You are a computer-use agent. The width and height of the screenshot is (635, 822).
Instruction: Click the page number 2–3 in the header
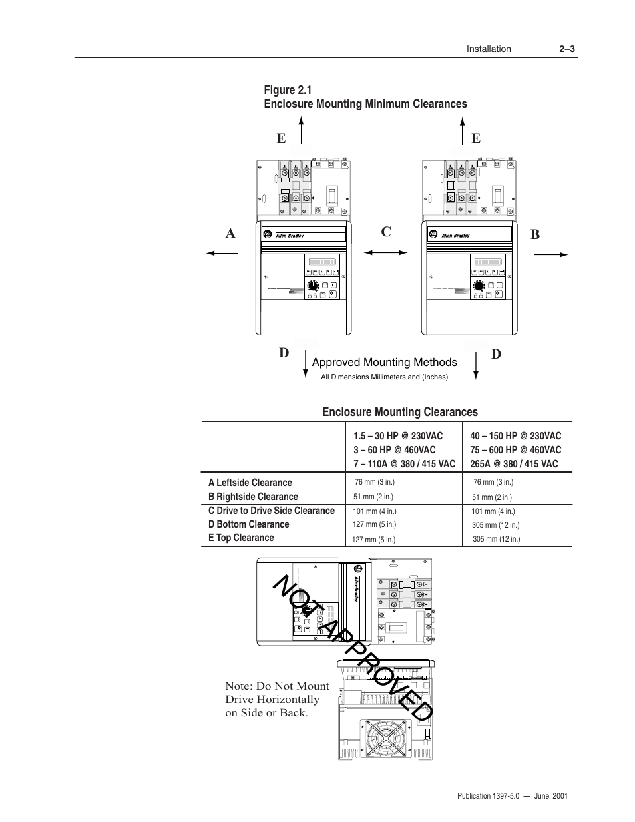tap(566, 49)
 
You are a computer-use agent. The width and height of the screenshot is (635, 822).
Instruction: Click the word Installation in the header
tap(488, 49)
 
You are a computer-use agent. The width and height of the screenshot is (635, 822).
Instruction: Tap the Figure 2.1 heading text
tap(288, 90)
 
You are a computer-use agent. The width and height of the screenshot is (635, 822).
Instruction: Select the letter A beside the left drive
tap(230, 234)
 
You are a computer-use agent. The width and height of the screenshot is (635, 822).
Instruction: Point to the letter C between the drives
tap(385, 232)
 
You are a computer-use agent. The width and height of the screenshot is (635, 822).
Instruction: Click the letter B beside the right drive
tap(535, 234)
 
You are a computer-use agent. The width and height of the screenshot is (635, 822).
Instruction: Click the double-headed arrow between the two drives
tap(385, 252)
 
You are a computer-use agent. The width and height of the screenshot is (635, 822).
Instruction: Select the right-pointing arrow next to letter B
tap(551, 254)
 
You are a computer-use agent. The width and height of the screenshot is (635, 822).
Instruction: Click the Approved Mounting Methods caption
tap(384, 362)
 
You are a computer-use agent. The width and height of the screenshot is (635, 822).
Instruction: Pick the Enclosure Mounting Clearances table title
tap(399, 412)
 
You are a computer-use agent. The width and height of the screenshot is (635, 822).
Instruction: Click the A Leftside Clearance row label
tap(250, 483)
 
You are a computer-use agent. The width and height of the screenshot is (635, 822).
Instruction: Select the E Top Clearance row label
tap(240, 538)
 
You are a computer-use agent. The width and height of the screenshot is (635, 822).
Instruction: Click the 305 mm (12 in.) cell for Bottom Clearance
tap(495, 525)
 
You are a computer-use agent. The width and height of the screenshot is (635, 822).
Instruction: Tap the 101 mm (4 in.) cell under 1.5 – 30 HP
tap(374, 511)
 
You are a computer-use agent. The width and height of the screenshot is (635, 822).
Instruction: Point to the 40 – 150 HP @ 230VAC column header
tap(515, 436)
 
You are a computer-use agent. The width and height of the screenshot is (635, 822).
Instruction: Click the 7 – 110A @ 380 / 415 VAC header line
tap(404, 464)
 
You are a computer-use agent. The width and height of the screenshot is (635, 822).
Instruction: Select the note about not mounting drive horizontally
tap(277, 699)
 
